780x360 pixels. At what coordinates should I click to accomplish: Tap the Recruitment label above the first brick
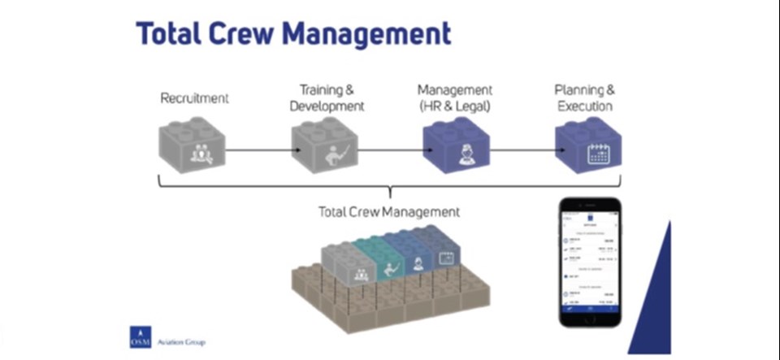(x=194, y=98)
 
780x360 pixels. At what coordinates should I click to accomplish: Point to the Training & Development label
(x=327, y=98)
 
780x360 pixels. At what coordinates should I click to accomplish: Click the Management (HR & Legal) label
(x=454, y=98)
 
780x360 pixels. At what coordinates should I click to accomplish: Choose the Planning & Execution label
(x=583, y=98)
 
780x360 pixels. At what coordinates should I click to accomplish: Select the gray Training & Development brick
(x=323, y=147)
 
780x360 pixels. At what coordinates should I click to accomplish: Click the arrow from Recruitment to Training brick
(x=258, y=151)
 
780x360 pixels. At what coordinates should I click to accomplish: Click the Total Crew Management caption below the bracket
(x=389, y=212)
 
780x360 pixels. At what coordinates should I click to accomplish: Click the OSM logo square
(x=141, y=337)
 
